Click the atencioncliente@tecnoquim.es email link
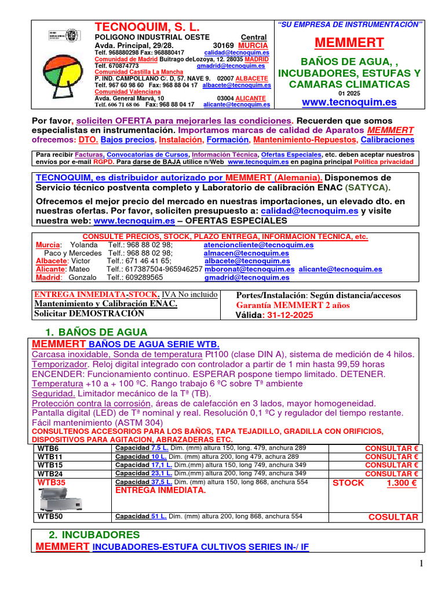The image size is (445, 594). coord(258,245)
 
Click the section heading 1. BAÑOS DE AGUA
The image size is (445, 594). coord(96,332)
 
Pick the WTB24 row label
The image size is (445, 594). coord(50,473)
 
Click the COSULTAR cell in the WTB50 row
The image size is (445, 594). coord(393,517)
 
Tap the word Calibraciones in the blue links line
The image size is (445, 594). coord(387,140)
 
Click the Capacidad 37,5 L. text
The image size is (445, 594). coord(144,482)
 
